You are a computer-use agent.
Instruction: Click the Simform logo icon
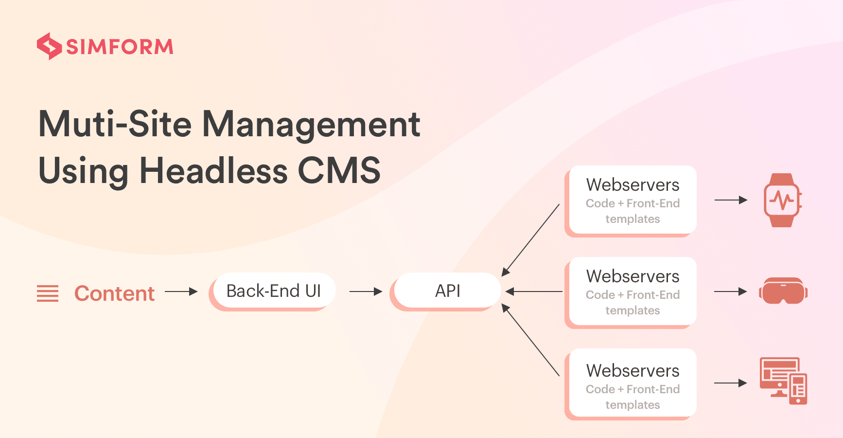click(49, 46)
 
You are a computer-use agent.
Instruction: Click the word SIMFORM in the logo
click(120, 47)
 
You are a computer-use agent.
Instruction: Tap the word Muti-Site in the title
click(115, 124)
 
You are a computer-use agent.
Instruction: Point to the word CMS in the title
click(339, 170)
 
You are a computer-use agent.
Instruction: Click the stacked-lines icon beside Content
click(48, 293)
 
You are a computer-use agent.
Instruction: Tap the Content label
click(114, 293)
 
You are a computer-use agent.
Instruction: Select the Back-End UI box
click(273, 292)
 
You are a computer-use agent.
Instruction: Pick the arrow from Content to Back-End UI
click(181, 292)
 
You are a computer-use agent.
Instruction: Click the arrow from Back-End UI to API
click(366, 292)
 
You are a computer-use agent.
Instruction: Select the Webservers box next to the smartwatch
click(631, 201)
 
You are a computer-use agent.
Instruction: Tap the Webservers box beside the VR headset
click(631, 292)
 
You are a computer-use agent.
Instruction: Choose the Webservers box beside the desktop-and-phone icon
click(631, 384)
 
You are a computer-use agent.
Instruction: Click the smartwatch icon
click(782, 200)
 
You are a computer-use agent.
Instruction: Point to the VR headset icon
click(783, 291)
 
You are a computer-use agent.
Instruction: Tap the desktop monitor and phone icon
click(783, 381)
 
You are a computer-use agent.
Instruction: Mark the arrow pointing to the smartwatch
click(731, 200)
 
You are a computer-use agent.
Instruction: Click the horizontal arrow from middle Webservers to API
click(534, 292)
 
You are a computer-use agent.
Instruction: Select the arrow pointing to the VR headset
click(731, 292)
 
